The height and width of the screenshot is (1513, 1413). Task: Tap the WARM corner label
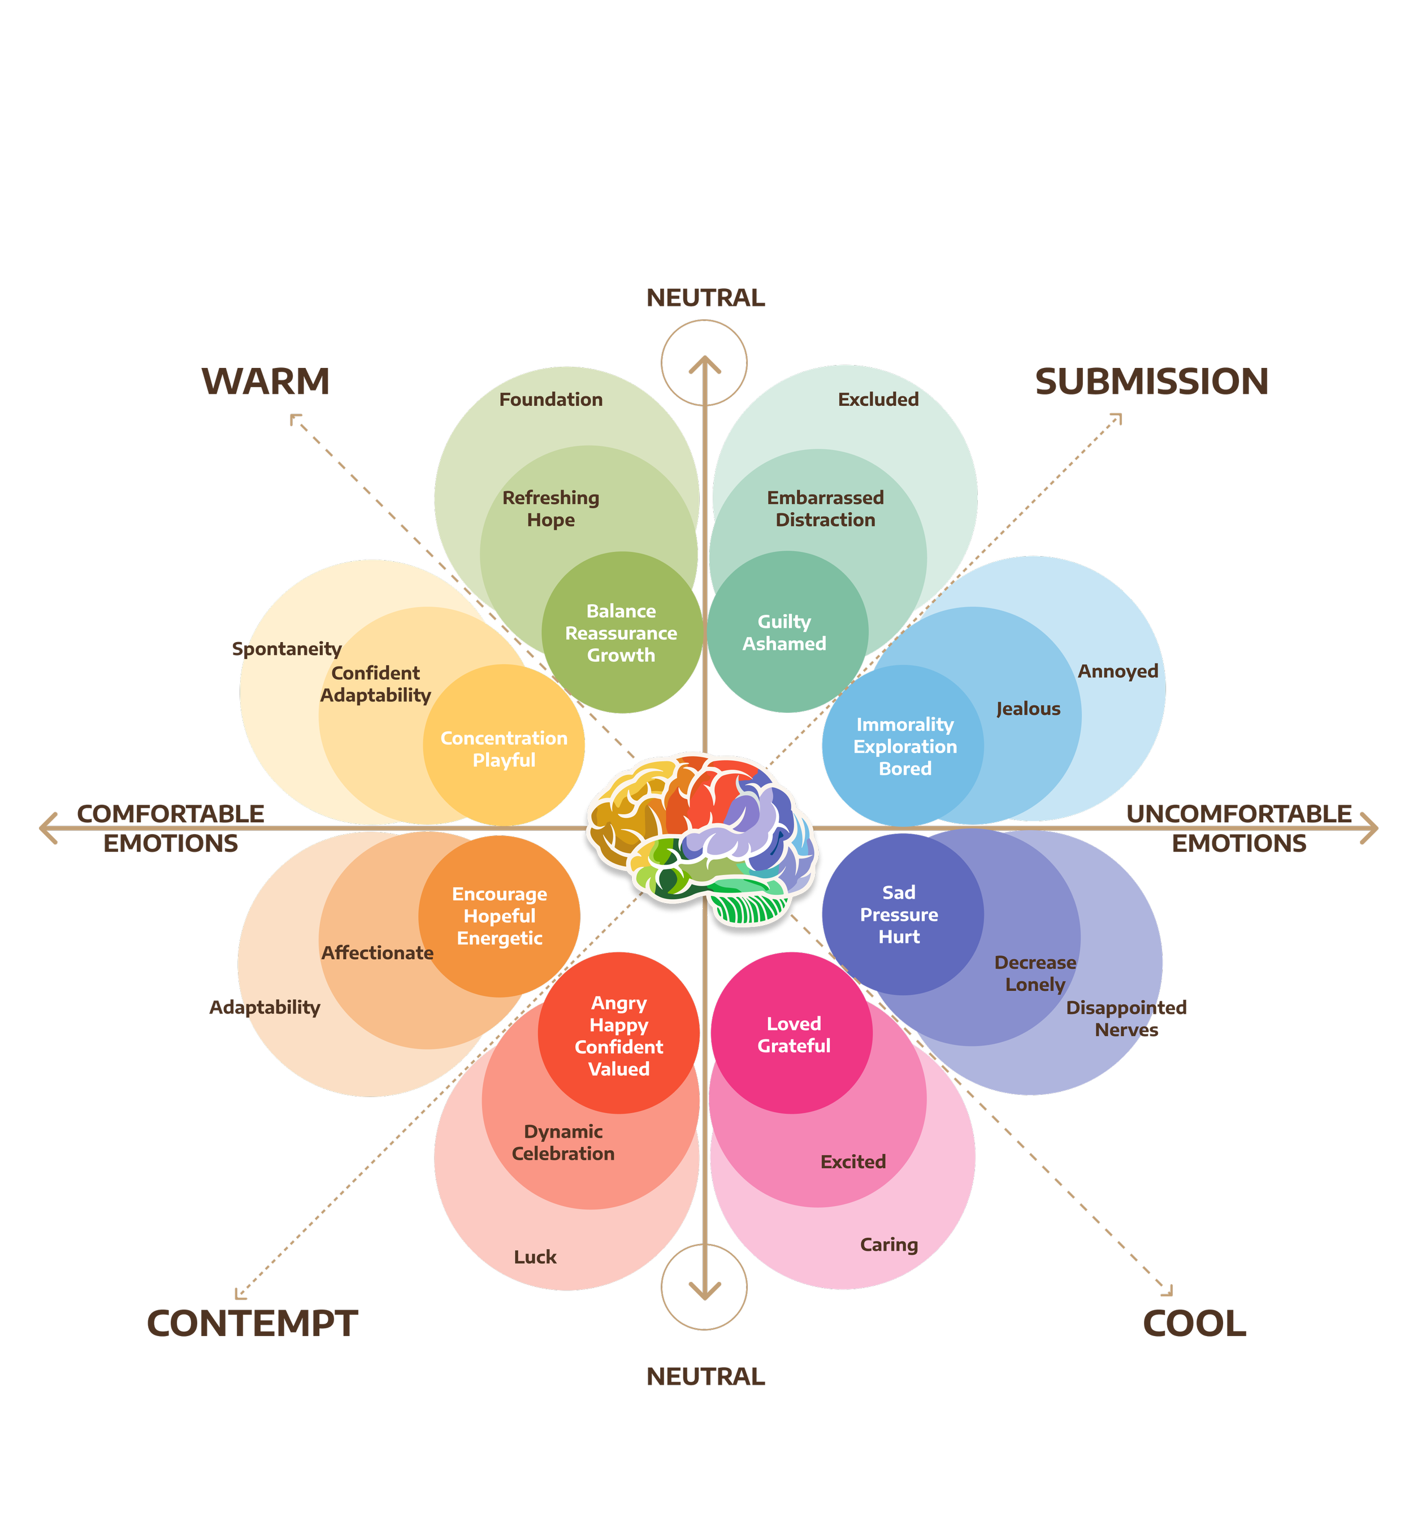(x=266, y=381)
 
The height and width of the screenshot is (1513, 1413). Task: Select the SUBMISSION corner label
(x=1151, y=381)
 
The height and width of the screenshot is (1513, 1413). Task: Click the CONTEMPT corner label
(x=252, y=1324)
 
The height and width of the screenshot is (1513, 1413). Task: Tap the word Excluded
(x=878, y=400)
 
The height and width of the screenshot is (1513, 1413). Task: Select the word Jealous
(x=1028, y=709)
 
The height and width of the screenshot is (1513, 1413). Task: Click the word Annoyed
(x=1118, y=671)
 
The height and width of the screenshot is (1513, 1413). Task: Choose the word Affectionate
(x=378, y=952)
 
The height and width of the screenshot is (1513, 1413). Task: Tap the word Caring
(x=888, y=1245)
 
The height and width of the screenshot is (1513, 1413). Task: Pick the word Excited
(x=853, y=1161)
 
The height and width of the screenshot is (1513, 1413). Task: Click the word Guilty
(x=784, y=622)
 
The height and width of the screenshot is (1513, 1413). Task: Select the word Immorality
(x=905, y=725)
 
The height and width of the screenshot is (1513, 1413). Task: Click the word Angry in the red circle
(x=619, y=1003)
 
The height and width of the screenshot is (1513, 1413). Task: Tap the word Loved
(x=794, y=1024)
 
